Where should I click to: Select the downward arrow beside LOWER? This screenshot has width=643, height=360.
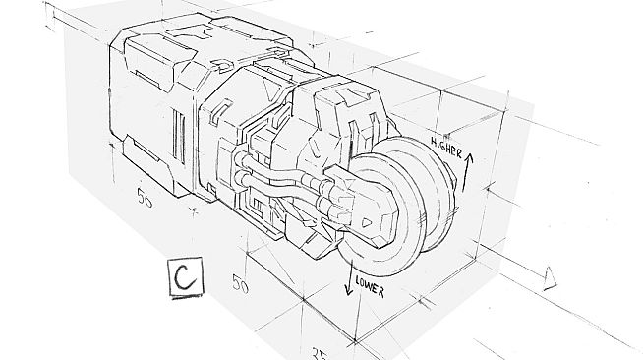[349, 285]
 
